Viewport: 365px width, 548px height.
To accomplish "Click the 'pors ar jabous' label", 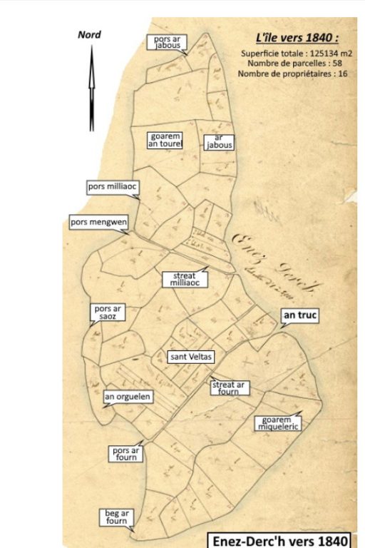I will (166, 42).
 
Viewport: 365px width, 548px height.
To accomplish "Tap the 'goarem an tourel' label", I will (165, 140).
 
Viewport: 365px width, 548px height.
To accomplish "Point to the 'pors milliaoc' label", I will (112, 187).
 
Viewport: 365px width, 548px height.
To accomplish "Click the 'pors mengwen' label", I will (98, 222).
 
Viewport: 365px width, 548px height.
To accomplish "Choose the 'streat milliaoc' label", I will (185, 279).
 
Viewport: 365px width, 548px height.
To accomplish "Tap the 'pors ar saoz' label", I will (109, 313).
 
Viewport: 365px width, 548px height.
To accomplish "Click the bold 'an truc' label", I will (299, 315).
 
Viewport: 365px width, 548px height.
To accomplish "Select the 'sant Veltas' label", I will (191, 356).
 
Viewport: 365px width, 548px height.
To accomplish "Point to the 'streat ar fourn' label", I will (229, 387).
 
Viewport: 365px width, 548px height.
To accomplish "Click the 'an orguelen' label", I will (128, 397).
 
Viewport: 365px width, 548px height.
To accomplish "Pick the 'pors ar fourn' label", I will (126, 454).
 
